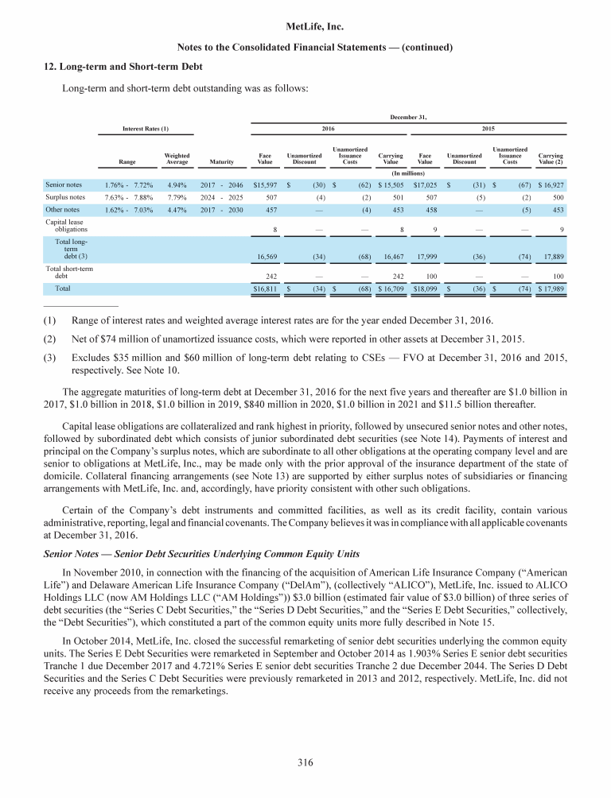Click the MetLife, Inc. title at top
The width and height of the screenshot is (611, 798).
[x=305, y=27]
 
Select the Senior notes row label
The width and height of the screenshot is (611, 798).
[x=66, y=184]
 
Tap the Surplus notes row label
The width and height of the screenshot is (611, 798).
[x=67, y=197]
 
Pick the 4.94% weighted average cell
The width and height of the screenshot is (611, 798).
[x=176, y=184]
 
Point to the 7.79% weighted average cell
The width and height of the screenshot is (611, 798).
[x=176, y=197]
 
